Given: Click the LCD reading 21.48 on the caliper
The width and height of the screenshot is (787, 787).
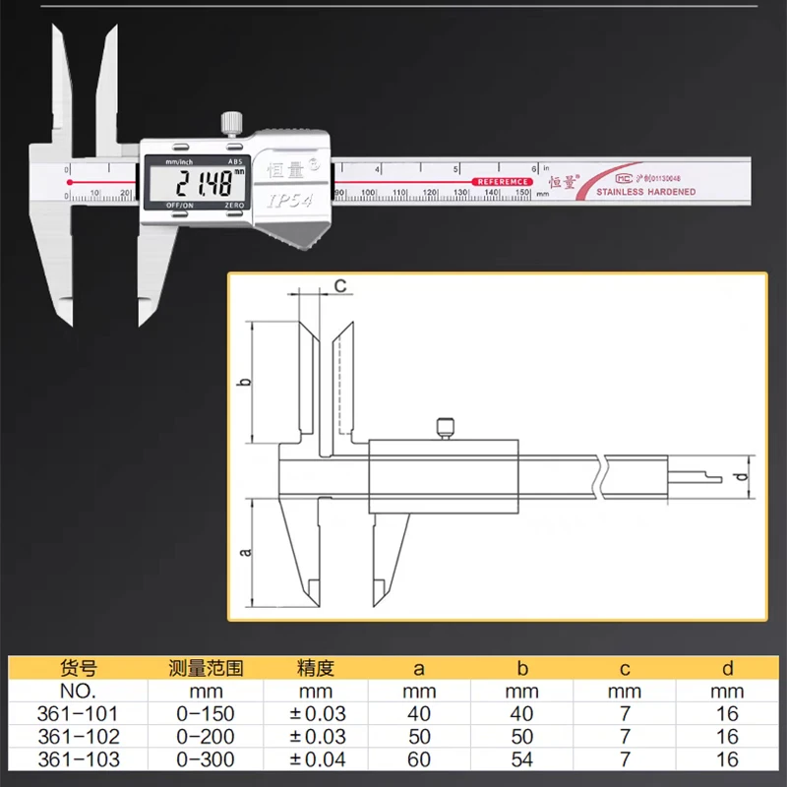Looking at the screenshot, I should (x=203, y=183).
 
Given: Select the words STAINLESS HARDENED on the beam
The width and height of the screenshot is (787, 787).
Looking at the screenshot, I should (x=645, y=192).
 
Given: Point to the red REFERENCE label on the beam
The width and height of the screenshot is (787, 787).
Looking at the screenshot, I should (x=502, y=182).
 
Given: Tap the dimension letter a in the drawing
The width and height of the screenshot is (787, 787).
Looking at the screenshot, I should (x=248, y=554).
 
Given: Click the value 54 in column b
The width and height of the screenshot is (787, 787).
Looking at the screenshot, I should (x=522, y=759).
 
